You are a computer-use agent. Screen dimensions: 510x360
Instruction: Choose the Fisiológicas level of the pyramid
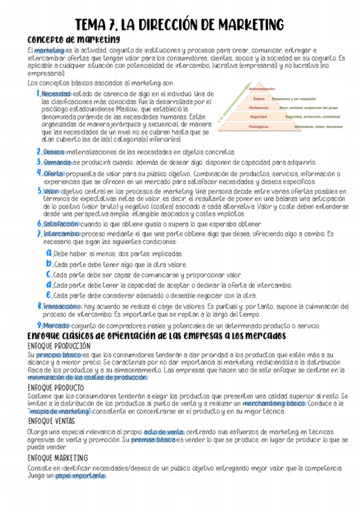click(258, 127)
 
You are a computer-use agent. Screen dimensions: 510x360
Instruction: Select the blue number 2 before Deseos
click(38, 152)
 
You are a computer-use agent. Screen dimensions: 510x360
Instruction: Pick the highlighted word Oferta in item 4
click(54, 173)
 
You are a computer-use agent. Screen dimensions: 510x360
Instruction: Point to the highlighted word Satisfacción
click(61, 223)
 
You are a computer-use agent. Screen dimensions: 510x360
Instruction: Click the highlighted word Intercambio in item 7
click(60, 233)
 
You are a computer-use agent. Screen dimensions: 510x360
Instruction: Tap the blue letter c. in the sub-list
click(49, 274)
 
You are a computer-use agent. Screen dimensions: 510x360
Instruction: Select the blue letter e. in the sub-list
click(49, 295)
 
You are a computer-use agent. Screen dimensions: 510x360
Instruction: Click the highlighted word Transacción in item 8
click(62, 306)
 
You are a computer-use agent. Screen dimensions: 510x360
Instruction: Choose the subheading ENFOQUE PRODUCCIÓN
click(59, 346)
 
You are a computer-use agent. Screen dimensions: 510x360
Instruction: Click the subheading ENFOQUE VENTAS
click(52, 421)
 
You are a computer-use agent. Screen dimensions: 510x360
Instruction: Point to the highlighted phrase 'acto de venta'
click(163, 432)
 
